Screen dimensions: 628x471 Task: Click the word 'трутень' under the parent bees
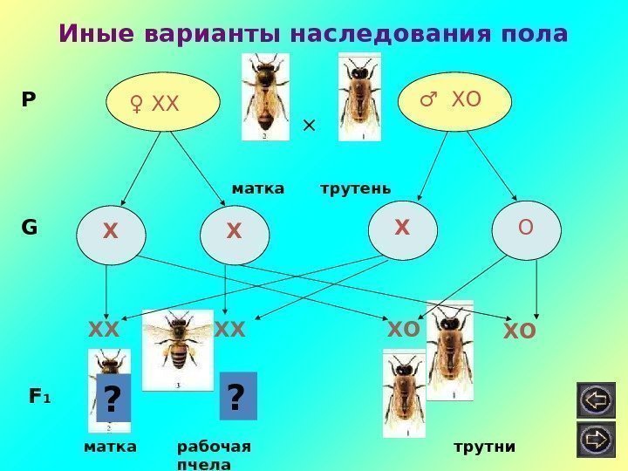pyautogui.click(x=356, y=188)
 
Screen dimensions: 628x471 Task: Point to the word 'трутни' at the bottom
pyautogui.click(x=485, y=447)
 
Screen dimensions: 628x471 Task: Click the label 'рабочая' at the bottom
pyautogui.click(x=214, y=447)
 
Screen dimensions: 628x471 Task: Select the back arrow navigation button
pyautogui.click(x=596, y=401)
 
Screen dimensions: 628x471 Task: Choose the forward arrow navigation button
pyautogui.click(x=596, y=438)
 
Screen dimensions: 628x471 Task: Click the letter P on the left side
pyautogui.click(x=29, y=100)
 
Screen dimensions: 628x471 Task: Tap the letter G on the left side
pyautogui.click(x=29, y=229)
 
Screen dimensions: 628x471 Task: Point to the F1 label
pyautogui.click(x=39, y=397)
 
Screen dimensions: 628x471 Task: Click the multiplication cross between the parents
pyautogui.click(x=308, y=126)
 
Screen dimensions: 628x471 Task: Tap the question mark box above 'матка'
pyautogui.click(x=112, y=400)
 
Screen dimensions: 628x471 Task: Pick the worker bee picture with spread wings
pyautogui.click(x=178, y=349)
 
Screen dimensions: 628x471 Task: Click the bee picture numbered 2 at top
pyautogui.click(x=264, y=96)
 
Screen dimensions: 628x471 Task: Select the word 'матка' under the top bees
pyautogui.click(x=258, y=188)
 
